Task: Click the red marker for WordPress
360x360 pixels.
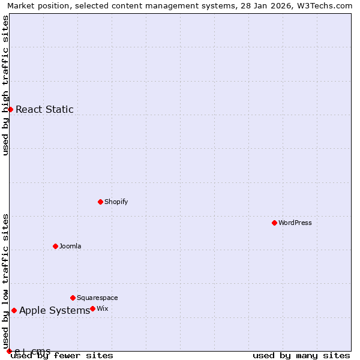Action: click(x=274, y=223)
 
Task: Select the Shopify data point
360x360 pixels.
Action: click(x=100, y=202)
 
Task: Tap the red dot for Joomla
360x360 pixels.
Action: click(x=55, y=246)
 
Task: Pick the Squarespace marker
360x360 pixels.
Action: click(x=73, y=298)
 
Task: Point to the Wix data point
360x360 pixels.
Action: click(x=92, y=308)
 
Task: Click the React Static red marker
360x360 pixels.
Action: click(x=10, y=109)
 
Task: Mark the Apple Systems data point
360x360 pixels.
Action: click(x=14, y=310)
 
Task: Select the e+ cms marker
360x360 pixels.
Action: click(x=9, y=351)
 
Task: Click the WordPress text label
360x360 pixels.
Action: click(x=295, y=223)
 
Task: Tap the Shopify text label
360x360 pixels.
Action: click(x=116, y=202)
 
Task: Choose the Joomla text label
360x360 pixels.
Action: click(x=70, y=246)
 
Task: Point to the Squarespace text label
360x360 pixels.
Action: click(x=97, y=298)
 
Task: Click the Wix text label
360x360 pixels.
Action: click(x=103, y=308)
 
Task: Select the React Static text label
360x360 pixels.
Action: click(x=44, y=109)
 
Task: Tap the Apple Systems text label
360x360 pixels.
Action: click(x=55, y=310)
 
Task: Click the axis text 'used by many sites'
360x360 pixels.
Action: click(x=301, y=355)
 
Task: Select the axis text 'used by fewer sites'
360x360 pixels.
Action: click(x=62, y=355)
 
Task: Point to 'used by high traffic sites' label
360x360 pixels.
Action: click(x=6, y=85)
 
